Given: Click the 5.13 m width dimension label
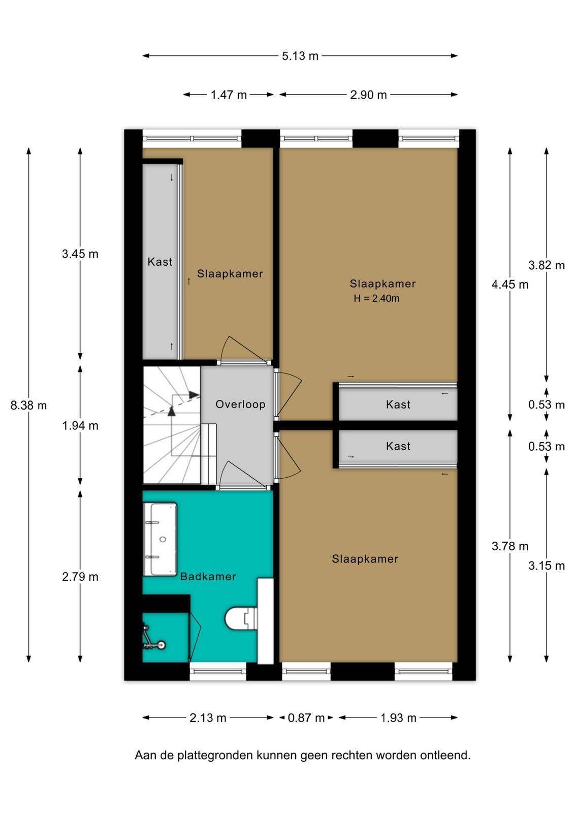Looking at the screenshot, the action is (x=300, y=56).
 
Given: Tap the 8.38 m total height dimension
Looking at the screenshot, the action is (x=28, y=405).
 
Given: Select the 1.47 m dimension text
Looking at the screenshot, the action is (x=229, y=95).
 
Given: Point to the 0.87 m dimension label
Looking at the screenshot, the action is (x=306, y=718).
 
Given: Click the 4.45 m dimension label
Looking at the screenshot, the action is (x=509, y=285).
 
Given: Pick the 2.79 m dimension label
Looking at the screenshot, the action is (x=80, y=577).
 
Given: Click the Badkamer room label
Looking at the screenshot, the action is (x=208, y=576).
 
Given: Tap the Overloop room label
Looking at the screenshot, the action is (x=240, y=404).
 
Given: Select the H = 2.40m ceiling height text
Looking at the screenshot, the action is (x=376, y=298).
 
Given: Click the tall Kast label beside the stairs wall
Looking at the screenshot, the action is (x=159, y=262).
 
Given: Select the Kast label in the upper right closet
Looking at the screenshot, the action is (x=398, y=404).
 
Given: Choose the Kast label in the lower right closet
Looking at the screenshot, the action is (x=398, y=446).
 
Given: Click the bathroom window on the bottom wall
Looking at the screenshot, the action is (x=218, y=671).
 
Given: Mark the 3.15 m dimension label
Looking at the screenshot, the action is (x=547, y=566).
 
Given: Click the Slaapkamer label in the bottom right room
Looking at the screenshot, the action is (x=365, y=559).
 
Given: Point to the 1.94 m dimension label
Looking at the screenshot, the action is (x=80, y=426).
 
